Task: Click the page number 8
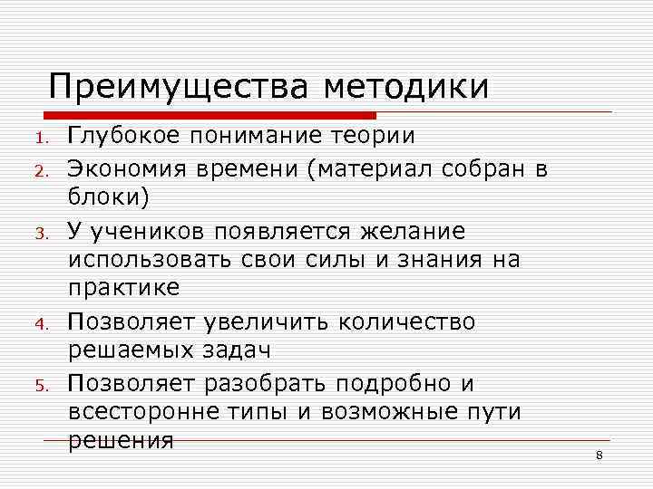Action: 599,454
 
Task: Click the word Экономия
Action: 125,168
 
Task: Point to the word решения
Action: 121,441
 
